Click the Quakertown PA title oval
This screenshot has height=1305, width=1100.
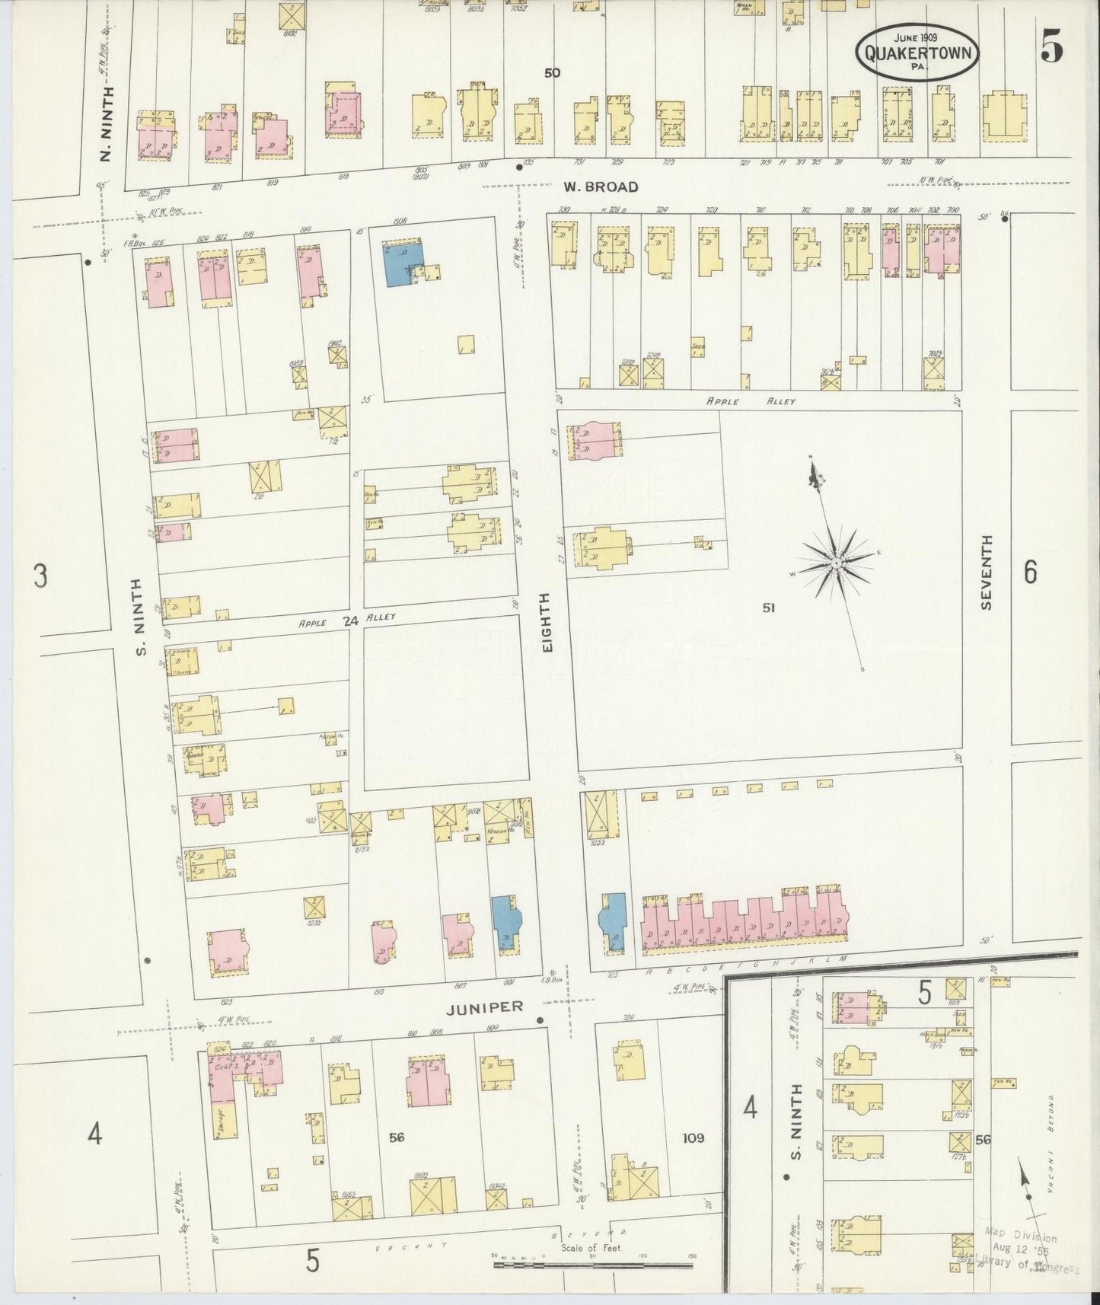click(918, 52)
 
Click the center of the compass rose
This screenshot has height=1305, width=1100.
click(835, 563)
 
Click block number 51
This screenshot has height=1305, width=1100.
click(769, 607)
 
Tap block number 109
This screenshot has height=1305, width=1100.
click(693, 1137)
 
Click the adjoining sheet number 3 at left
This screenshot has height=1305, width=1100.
click(40, 575)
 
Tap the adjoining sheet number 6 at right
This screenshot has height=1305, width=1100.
click(1030, 571)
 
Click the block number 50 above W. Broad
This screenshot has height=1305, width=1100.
click(552, 73)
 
